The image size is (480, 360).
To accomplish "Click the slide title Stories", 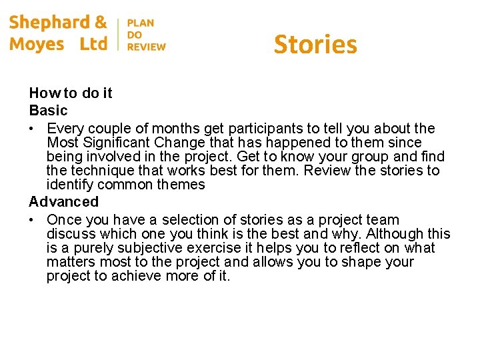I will point(315,45).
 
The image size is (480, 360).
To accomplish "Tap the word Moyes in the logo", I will point(37,45).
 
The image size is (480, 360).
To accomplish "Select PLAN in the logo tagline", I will point(141,23).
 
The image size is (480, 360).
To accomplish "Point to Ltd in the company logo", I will point(93,45).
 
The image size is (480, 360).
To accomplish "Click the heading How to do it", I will point(71,93).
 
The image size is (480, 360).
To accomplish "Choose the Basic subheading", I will point(48,111).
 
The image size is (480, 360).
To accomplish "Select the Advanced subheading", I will point(63,202).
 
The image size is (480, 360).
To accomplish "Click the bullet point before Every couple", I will point(33,129).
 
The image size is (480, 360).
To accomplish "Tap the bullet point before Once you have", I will point(33,220).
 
